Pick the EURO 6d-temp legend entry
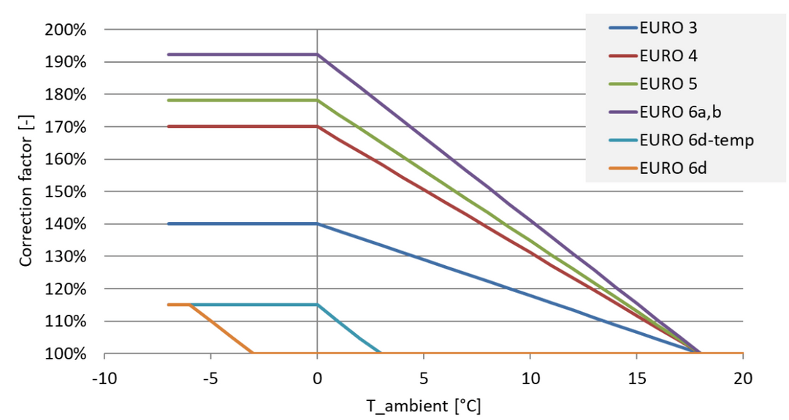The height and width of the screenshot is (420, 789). coord(696,139)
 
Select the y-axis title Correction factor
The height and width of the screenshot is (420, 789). coord(26,191)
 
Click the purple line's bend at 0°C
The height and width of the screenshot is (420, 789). coord(317,54)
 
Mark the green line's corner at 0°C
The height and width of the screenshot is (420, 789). coord(317,100)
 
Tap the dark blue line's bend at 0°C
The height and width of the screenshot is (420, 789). coord(317,224)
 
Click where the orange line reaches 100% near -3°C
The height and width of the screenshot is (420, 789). coord(253,353)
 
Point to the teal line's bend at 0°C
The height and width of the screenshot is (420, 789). coord(317,305)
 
